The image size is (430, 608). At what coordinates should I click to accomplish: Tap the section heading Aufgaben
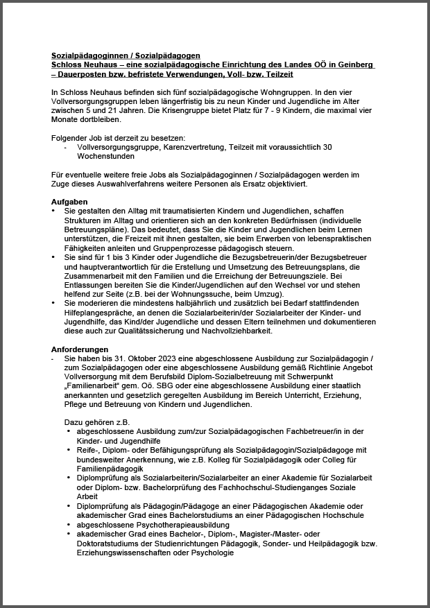point(70,201)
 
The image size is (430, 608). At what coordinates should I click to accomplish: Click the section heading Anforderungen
point(80,349)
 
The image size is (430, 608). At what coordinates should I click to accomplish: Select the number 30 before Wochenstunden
point(327,147)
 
